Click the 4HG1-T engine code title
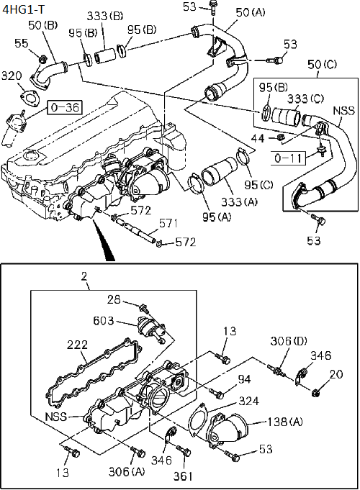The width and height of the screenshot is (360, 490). (23, 9)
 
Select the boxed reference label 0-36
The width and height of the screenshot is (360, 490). (65, 107)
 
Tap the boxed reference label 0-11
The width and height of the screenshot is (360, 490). (288, 158)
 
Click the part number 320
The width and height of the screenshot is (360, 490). (12, 76)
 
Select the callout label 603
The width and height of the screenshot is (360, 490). (103, 321)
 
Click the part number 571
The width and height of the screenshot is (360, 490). (168, 224)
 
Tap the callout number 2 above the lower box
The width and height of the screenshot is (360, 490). (84, 276)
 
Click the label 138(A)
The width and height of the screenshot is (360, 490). (285, 422)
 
